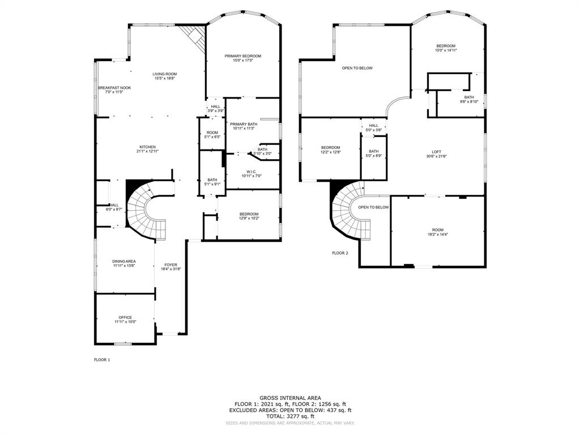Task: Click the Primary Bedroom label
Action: click(x=242, y=56)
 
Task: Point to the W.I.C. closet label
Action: click(x=251, y=172)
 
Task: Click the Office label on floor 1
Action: click(x=125, y=317)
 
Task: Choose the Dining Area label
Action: click(x=123, y=261)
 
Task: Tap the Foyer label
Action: click(x=170, y=265)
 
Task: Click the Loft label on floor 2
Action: click(x=436, y=151)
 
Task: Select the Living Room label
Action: click(x=164, y=74)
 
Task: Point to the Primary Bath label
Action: click(x=244, y=124)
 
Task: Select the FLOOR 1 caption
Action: click(x=102, y=360)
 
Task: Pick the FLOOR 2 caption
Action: click(x=340, y=253)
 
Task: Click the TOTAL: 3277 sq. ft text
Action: click(x=290, y=416)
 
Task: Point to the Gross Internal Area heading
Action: click(x=290, y=398)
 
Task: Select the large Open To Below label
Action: click(x=357, y=68)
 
